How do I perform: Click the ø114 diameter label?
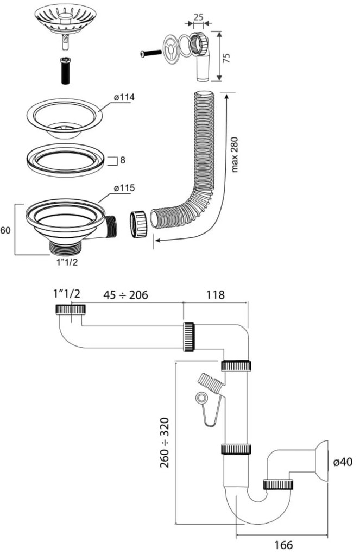(124, 97)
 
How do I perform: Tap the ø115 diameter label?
(124, 187)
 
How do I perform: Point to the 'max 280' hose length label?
(235, 154)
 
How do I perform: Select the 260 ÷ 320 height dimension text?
(165, 443)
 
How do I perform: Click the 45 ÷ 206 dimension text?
(125, 295)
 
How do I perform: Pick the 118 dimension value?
(215, 295)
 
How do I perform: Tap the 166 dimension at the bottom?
(283, 544)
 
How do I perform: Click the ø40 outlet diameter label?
(343, 462)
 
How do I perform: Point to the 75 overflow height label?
(227, 58)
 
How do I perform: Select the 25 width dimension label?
(199, 17)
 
